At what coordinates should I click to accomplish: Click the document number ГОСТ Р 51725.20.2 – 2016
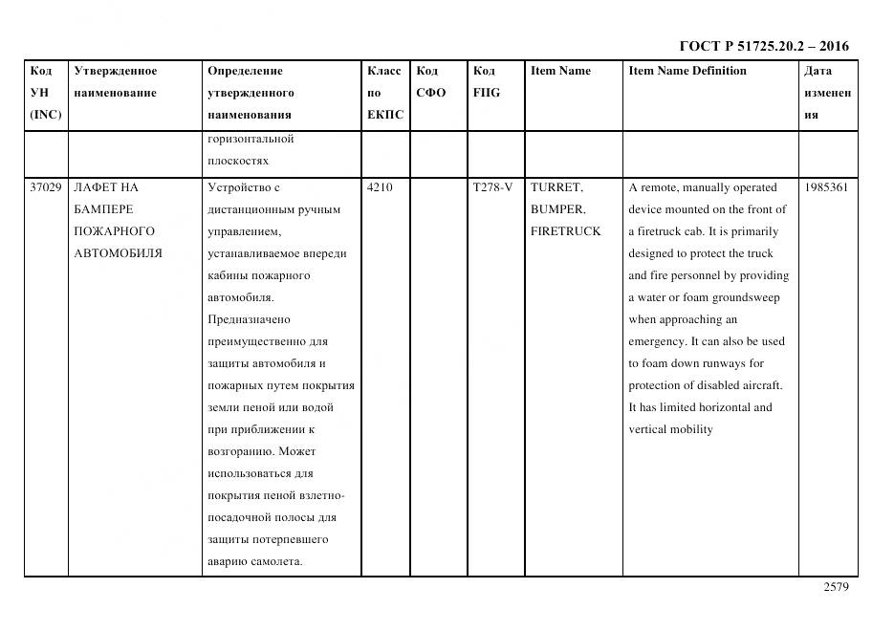pos(763,46)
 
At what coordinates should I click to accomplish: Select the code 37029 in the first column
pos(45,187)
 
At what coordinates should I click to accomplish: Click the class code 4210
pos(380,187)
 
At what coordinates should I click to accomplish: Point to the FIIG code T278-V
pos(492,187)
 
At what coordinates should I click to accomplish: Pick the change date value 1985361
pos(826,187)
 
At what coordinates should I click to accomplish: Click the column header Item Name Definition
pos(687,71)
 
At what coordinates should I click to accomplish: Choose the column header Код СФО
pos(430,82)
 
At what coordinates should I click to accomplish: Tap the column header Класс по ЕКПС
pos(384,93)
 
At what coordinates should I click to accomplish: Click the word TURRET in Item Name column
pos(556,187)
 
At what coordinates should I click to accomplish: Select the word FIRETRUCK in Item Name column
pos(566,231)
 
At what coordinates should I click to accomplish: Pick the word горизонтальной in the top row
pos(251,139)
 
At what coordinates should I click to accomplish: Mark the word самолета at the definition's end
pos(275,561)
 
